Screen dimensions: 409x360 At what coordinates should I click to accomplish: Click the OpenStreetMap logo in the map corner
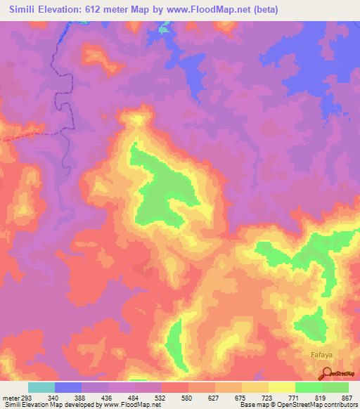pos(341,373)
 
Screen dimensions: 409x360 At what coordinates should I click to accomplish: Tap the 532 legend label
pos(162,397)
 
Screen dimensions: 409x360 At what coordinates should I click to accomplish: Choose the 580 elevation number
pos(188,397)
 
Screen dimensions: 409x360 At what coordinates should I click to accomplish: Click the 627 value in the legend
pos(215,397)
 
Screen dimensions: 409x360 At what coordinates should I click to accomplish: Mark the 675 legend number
pos(242,397)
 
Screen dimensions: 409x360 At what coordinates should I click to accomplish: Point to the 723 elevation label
pos(269,397)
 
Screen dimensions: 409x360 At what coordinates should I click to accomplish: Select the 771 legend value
pos(295,397)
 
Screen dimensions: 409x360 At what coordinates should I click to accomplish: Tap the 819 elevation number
pos(322,397)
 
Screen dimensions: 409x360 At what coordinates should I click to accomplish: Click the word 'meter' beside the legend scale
pos(11,397)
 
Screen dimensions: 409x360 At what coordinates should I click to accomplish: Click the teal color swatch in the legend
pos(41,387)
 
